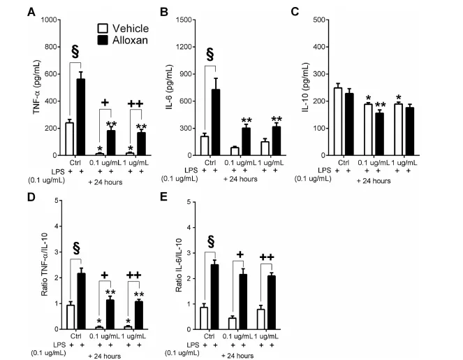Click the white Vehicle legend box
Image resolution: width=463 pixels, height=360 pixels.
(103, 29)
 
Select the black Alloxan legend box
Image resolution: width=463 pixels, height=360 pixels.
(103, 41)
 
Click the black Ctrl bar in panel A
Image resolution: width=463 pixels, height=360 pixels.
(80, 117)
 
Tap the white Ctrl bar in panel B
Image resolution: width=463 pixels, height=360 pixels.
(205, 145)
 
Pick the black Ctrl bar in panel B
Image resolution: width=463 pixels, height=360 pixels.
(216, 122)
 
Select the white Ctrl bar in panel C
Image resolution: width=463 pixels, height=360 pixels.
(338, 122)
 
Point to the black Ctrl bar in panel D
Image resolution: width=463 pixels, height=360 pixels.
(81, 301)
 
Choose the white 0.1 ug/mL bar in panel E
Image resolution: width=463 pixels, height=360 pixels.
(233, 324)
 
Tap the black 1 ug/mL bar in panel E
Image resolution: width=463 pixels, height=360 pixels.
(272, 303)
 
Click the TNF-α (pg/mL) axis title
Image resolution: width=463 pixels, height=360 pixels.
(37, 87)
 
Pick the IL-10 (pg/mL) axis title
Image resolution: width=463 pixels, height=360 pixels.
(305, 87)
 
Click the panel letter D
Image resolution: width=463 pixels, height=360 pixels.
(31, 197)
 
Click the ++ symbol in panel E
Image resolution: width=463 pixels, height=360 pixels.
(267, 257)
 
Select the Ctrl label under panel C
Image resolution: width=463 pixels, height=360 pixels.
(344, 163)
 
